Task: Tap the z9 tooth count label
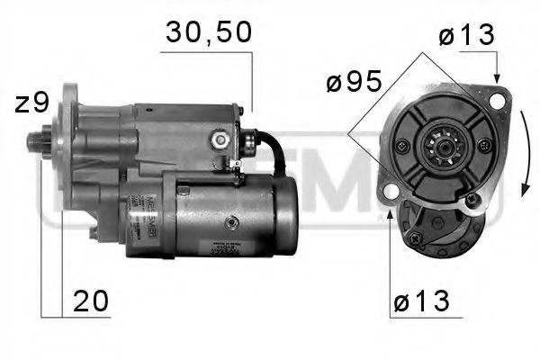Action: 32,103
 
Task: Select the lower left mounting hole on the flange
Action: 389,192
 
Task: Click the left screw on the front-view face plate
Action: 402,147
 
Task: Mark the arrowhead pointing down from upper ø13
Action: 496,76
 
